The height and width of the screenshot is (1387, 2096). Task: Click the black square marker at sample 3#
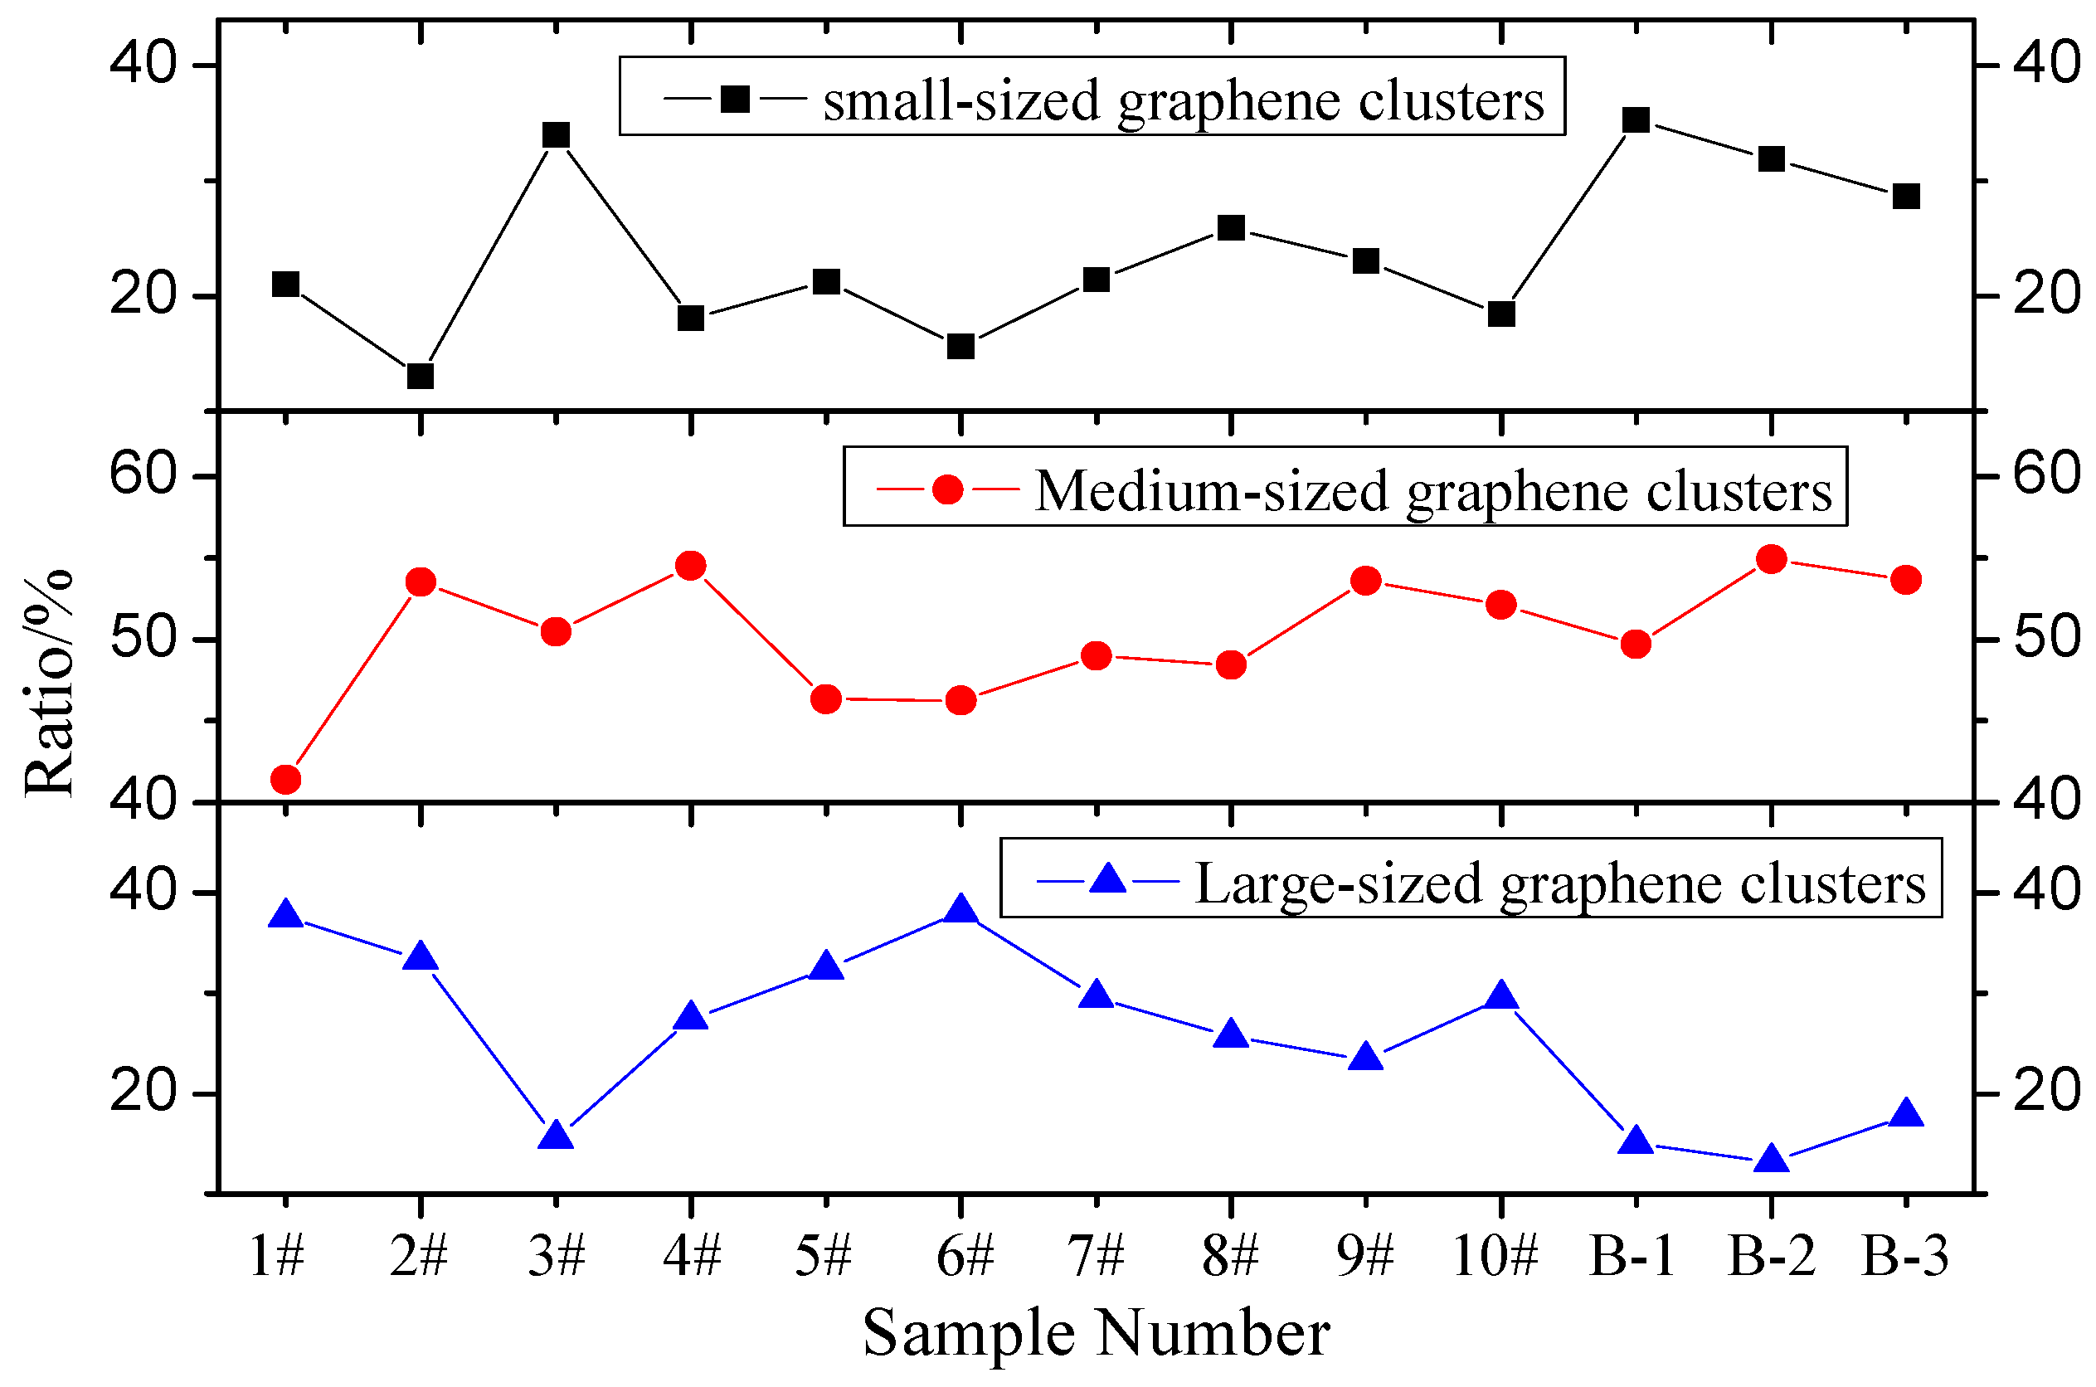tap(556, 135)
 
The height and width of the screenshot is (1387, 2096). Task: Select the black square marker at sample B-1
tap(1636, 119)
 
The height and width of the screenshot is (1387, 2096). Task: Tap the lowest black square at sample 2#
tap(420, 376)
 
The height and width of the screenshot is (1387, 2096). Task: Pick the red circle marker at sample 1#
tap(285, 779)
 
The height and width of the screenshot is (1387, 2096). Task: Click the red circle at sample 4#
tap(691, 566)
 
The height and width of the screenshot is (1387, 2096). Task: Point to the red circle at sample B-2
tap(1772, 559)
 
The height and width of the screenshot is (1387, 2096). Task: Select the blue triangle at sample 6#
tap(960, 909)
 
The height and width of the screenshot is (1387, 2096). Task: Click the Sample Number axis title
tap(1096, 1334)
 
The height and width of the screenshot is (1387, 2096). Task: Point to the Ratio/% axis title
tap(49, 683)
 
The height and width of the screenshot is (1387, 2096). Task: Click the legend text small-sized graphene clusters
tap(1184, 100)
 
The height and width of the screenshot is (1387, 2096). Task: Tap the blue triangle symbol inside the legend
tap(1107, 880)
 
